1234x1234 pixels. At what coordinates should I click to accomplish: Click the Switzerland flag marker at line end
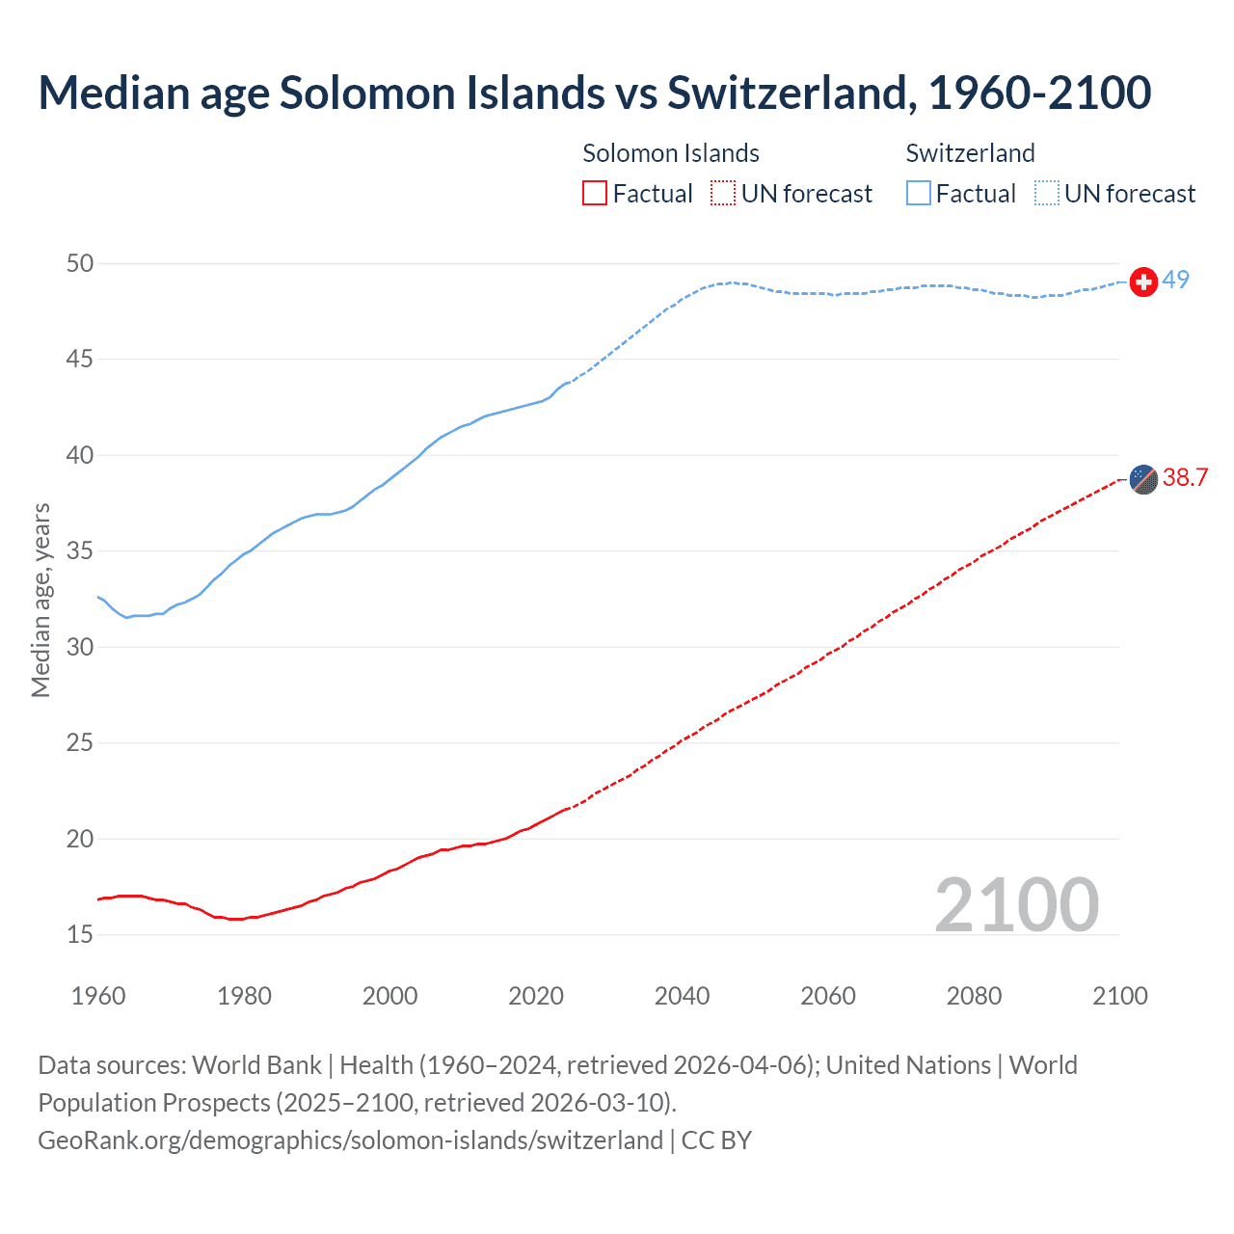(x=1143, y=282)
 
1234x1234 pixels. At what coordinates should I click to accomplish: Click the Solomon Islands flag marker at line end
(x=1143, y=479)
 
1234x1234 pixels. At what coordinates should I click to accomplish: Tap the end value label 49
(x=1175, y=280)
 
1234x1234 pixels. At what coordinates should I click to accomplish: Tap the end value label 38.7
(x=1185, y=478)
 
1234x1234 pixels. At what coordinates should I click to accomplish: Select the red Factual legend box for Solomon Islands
(x=595, y=194)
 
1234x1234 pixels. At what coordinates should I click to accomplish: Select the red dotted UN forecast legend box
(x=723, y=194)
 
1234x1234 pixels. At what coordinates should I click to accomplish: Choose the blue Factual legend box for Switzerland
(x=919, y=194)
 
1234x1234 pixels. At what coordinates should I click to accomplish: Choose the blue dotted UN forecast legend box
(x=1047, y=194)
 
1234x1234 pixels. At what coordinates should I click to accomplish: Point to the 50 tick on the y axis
(x=80, y=263)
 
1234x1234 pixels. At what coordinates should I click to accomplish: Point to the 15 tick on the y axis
(x=80, y=934)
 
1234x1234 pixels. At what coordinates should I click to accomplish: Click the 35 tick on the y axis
(x=80, y=551)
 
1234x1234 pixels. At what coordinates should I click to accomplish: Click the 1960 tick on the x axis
(x=98, y=996)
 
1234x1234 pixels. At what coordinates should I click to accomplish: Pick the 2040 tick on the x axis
(x=682, y=996)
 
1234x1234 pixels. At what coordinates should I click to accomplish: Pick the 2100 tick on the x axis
(x=1119, y=996)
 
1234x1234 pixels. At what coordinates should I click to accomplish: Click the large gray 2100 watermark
(x=1016, y=904)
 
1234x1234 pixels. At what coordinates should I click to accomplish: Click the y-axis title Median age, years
(x=40, y=600)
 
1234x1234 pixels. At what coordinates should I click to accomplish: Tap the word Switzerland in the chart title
(x=787, y=93)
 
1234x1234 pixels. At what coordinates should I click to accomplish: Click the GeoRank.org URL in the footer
(x=350, y=1140)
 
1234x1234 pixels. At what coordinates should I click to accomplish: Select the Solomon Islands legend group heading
(x=671, y=153)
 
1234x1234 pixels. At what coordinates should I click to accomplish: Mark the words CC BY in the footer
(x=716, y=1140)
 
